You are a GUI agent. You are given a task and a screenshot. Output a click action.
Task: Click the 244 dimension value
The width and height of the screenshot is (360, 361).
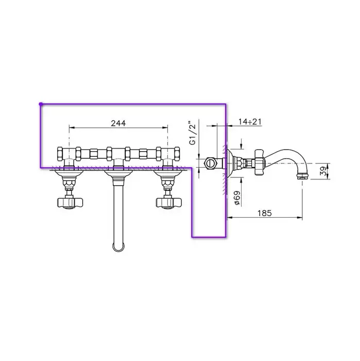pyautogui.click(x=118, y=123)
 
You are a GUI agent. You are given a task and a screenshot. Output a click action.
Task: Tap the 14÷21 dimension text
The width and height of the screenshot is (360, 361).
pyautogui.click(x=250, y=121)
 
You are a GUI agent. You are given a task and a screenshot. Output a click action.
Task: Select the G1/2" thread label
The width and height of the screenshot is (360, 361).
pyautogui.click(x=193, y=133)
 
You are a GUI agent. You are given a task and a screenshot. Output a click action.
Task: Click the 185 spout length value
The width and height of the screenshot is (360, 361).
pyautogui.click(x=264, y=213)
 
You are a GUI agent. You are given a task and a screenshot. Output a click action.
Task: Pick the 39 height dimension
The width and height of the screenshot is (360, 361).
pyautogui.click(x=323, y=171)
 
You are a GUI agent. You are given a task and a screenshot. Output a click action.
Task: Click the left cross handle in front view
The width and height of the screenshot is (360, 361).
pyautogui.click(x=70, y=203)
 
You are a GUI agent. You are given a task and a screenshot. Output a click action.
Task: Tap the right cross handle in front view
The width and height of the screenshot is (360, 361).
pyautogui.click(x=169, y=203)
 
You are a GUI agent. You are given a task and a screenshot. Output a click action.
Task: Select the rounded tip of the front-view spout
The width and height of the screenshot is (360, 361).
pyautogui.click(x=118, y=248)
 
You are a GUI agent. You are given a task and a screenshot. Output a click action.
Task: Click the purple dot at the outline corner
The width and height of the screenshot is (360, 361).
pyautogui.click(x=41, y=104)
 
